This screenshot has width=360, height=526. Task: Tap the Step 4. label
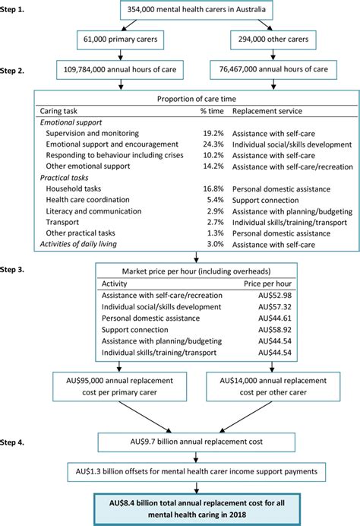click(17, 440)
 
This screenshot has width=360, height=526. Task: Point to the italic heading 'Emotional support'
click(70, 122)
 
